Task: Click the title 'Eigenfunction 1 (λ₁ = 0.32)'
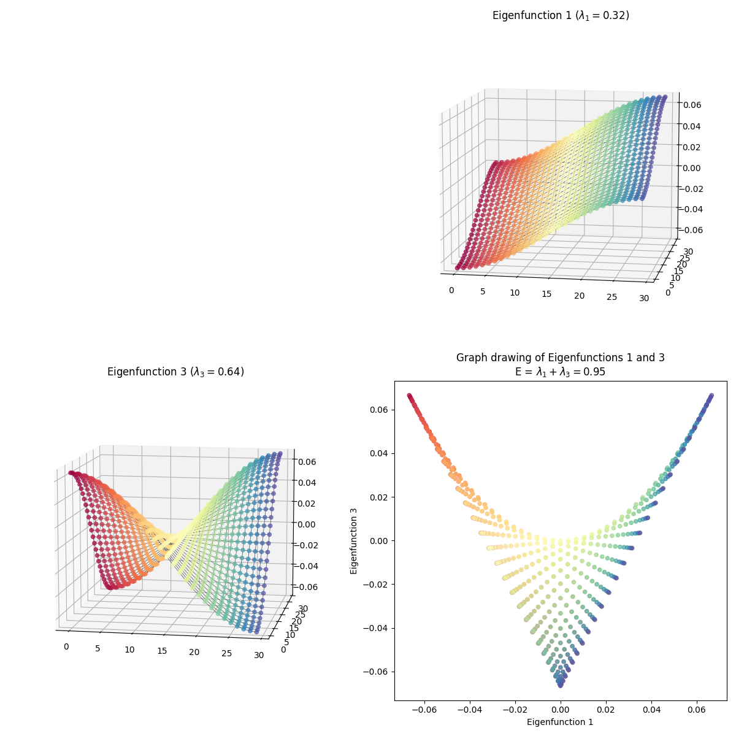[x=561, y=16]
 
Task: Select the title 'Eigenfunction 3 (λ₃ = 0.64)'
[x=175, y=372]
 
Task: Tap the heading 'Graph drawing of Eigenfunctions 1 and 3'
[x=560, y=358]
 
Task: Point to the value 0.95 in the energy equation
[x=594, y=372]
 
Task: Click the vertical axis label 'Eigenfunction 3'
[x=354, y=540]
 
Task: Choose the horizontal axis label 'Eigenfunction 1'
[x=560, y=722]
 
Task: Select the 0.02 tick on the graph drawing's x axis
[x=606, y=709]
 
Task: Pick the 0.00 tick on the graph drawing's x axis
[x=561, y=709]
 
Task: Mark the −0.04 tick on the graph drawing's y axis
[x=374, y=628]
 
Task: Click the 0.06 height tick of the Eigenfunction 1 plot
[x=696, y=105]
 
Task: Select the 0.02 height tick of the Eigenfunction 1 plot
[x=696, y=147]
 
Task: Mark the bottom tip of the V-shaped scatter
[x=560, y=683]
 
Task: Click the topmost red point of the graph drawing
[x=409, y=396]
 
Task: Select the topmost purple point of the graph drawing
[x=711, y=396]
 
